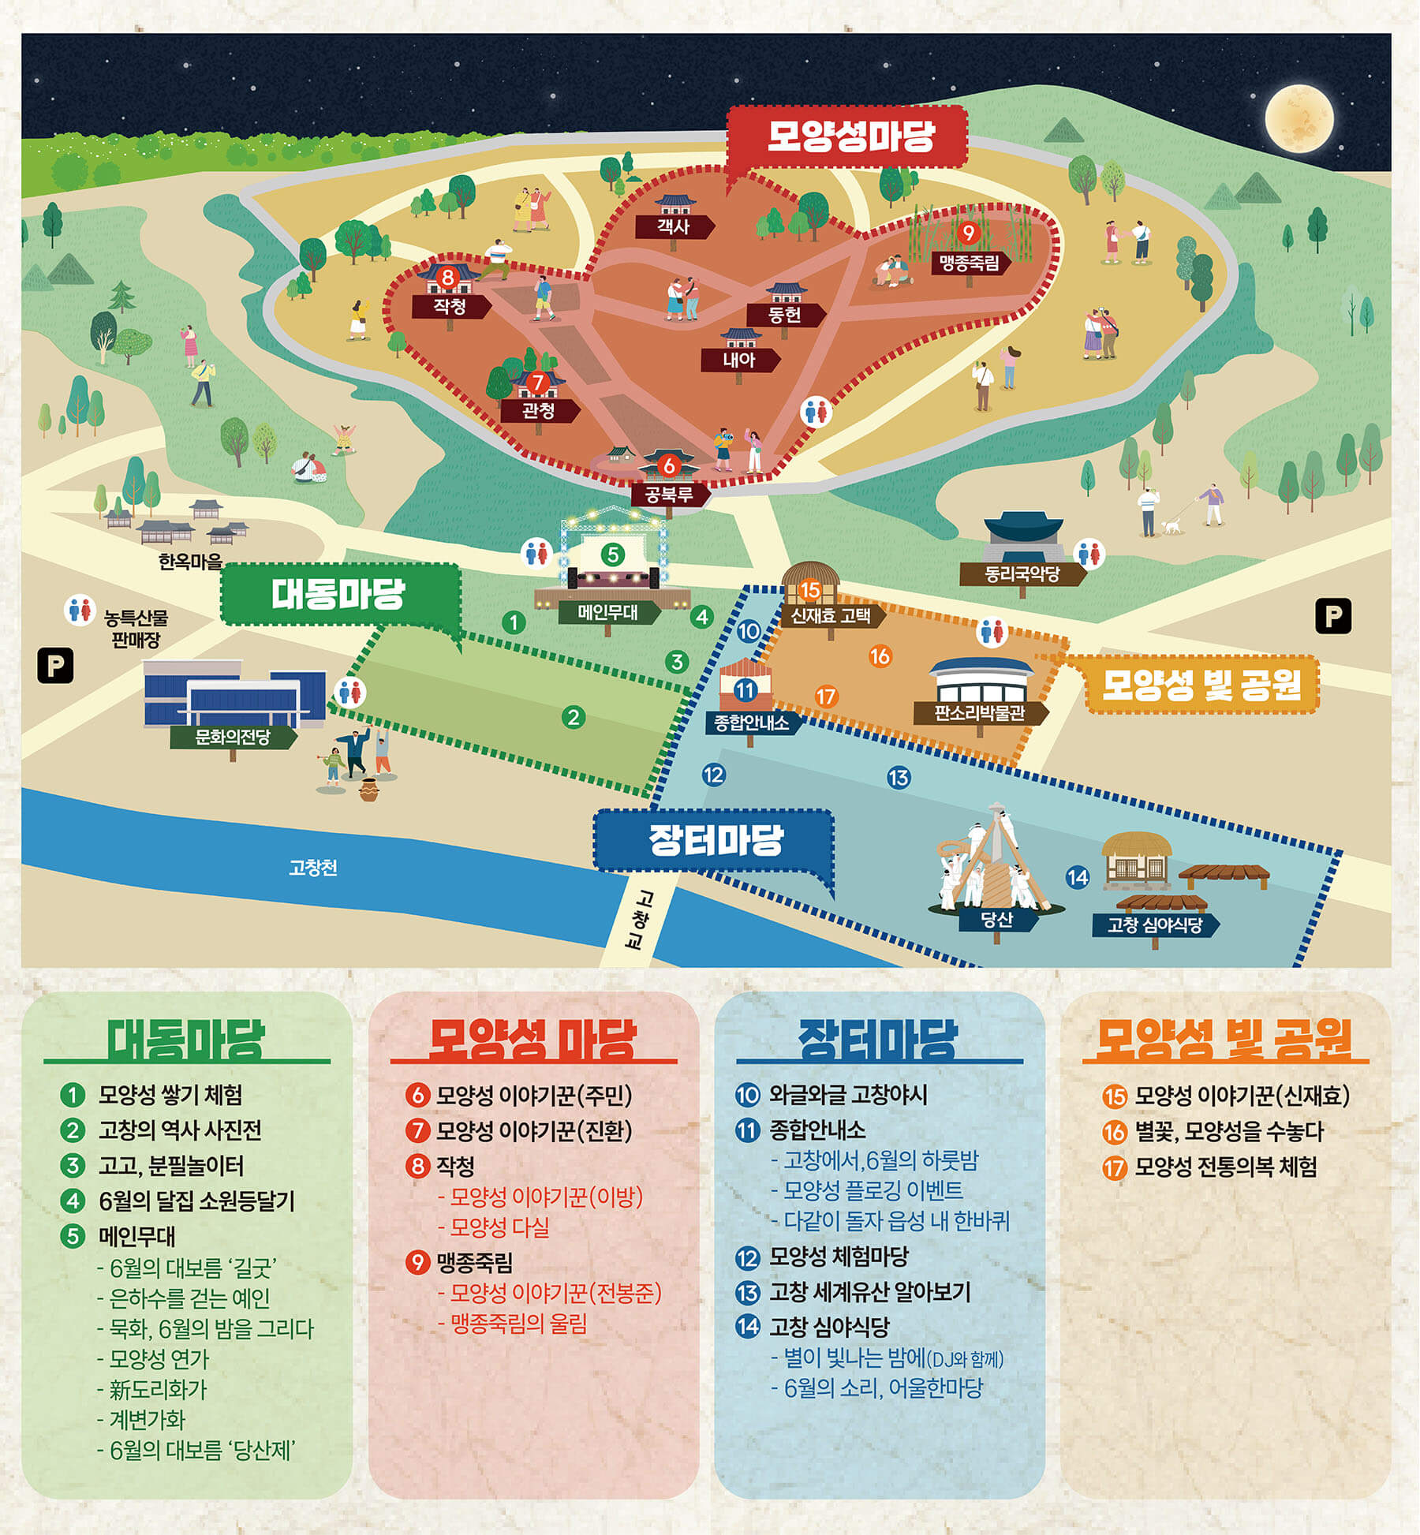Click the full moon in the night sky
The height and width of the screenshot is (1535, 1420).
click(1299, 119)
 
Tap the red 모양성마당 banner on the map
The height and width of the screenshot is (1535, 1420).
click(849, 136)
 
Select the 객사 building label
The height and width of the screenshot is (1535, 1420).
click(673, 227)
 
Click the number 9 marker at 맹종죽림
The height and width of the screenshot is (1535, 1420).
click(968, 233)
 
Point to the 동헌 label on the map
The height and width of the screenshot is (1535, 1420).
click(784, 315)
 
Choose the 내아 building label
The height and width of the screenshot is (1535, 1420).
click(739, 360)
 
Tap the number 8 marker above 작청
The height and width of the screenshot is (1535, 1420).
click(448, 277)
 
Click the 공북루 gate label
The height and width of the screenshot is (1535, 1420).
click(669, 495)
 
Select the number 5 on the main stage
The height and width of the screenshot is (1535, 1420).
click(612, 555)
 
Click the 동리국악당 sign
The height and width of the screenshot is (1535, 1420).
click(1021, 574)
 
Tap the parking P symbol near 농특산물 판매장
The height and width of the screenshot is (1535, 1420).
click(55, 665)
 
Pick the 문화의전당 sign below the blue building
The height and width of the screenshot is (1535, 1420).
click(233, 738)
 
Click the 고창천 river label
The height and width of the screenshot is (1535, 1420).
click(313, 868)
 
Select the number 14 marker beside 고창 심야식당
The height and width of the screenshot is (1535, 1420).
click(1077, 876)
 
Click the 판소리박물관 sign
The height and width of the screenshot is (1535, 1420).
click(979, 713)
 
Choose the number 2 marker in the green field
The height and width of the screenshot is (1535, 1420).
click(574, 717)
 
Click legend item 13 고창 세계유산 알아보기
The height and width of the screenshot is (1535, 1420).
click(869, 1292)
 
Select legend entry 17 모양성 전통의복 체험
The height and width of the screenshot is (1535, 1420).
click(1225, 1167)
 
